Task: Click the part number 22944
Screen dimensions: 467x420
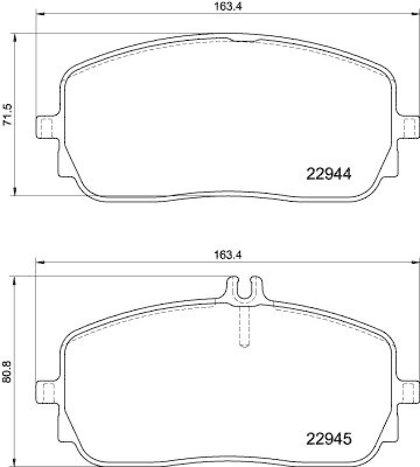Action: coord(328,173)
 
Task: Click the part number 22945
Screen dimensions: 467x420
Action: coord(328,438)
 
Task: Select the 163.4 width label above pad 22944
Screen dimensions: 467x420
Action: coord(223,7)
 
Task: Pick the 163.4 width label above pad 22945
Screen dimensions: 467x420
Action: coord(223,254)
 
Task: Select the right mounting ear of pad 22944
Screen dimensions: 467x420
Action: coord(410,127)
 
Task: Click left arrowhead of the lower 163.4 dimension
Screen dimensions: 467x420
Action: coord(40,262)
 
